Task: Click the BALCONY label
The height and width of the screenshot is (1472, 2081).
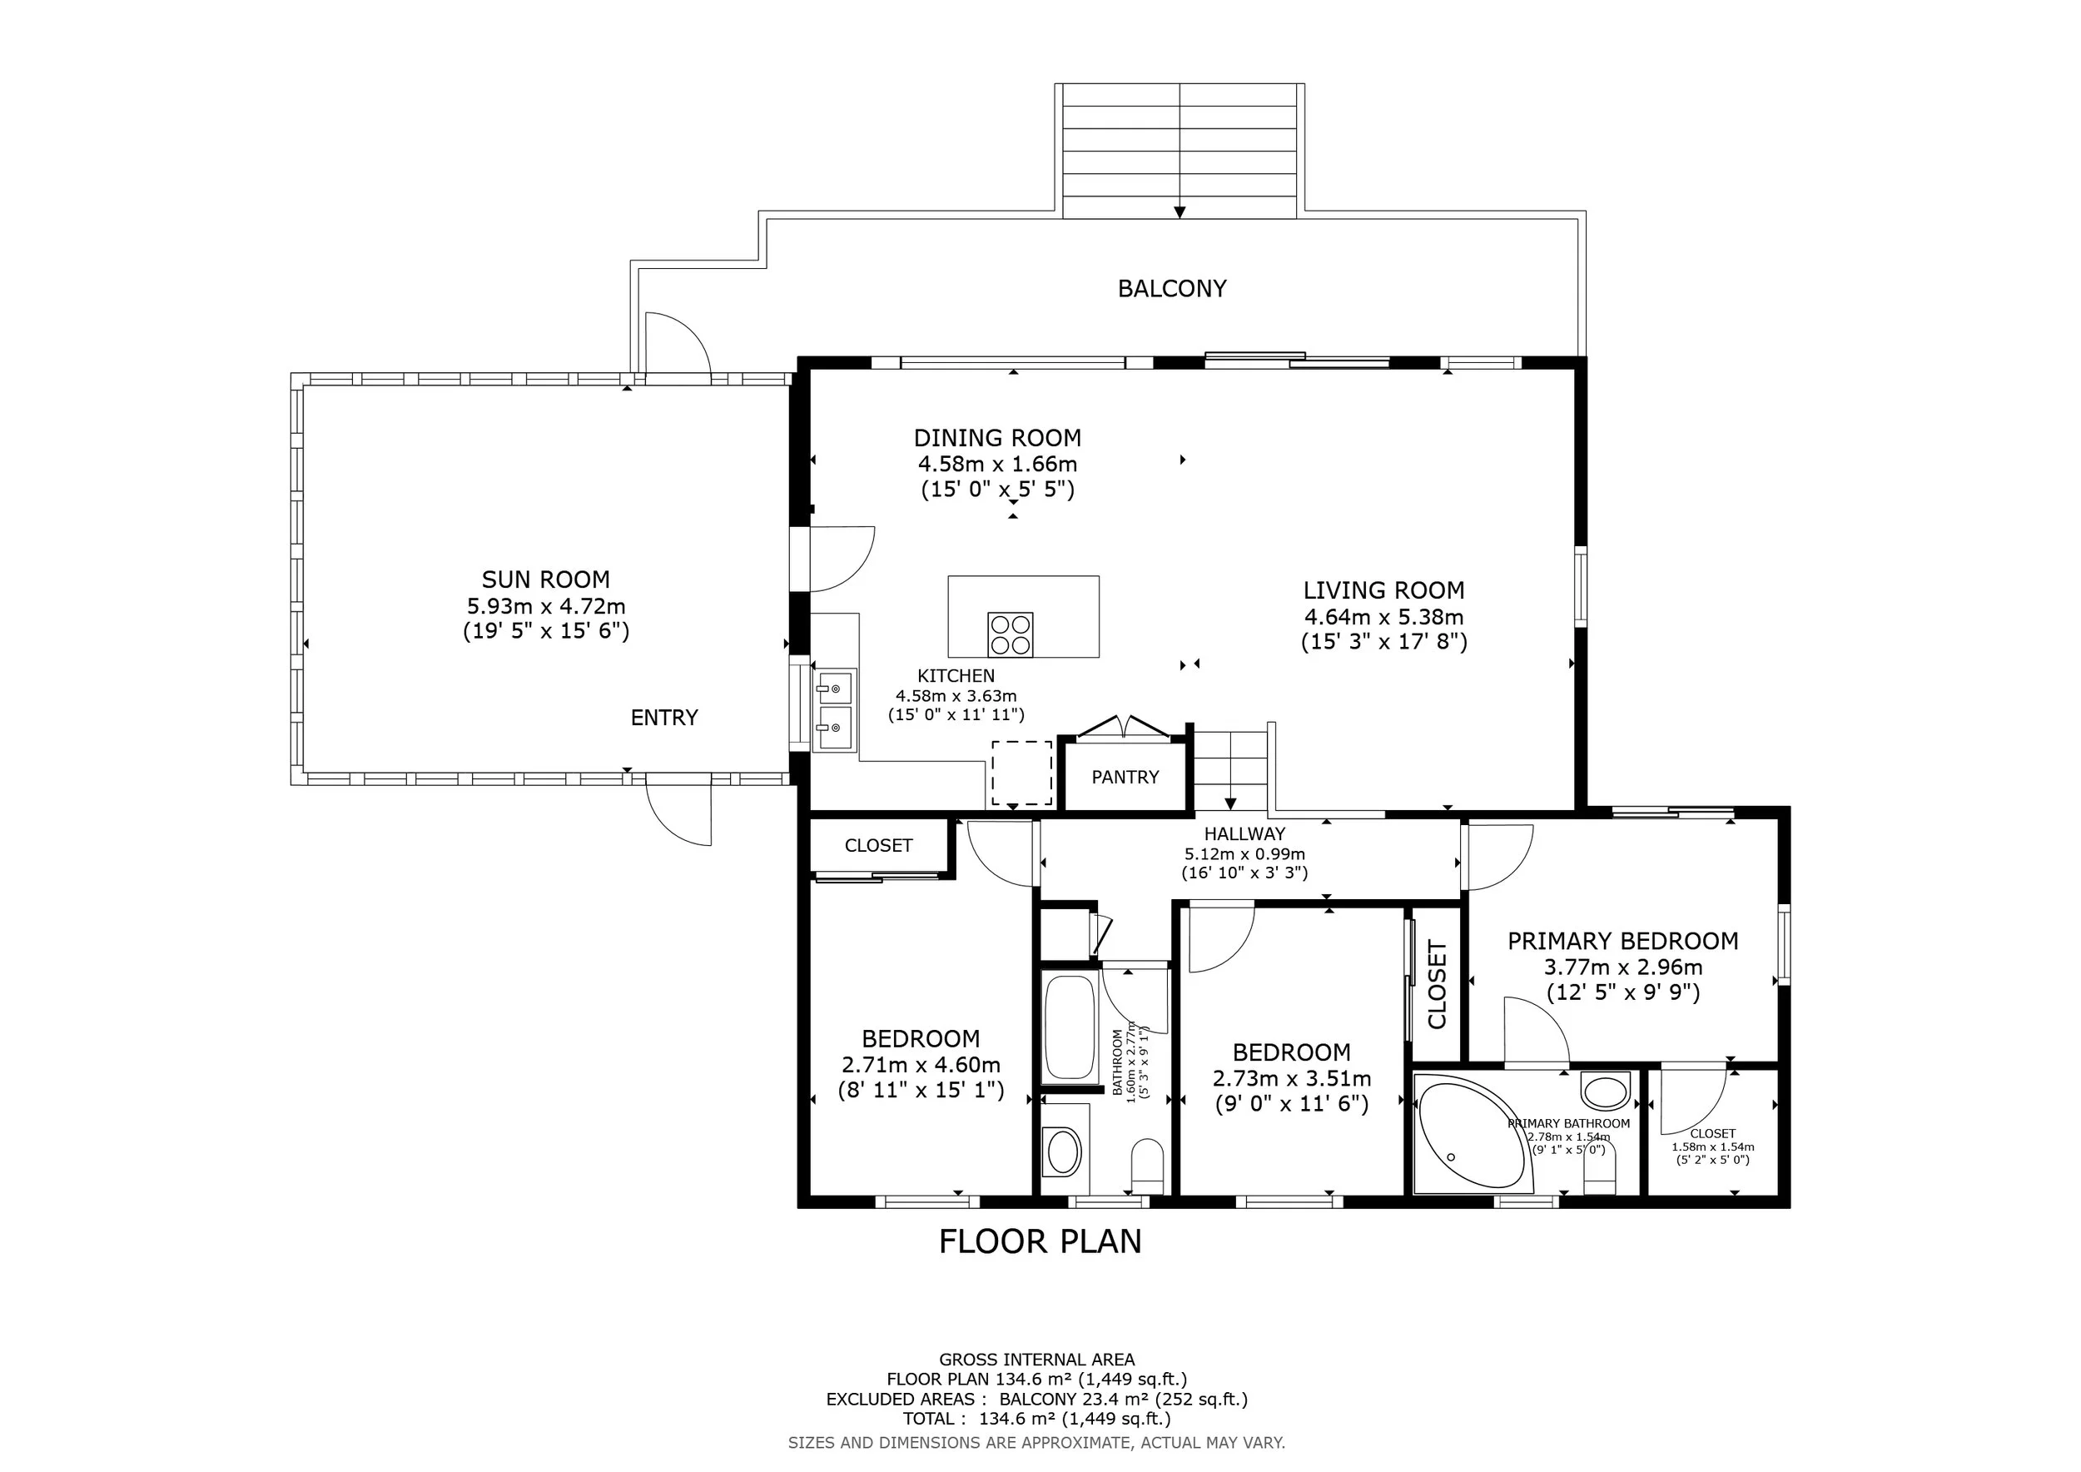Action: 1172,288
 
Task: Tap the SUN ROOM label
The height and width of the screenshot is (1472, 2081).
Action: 545,579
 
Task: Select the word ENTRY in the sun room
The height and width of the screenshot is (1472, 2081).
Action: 664,718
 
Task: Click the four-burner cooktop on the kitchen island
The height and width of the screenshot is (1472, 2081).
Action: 1011,634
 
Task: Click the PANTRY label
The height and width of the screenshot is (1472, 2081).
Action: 1125,777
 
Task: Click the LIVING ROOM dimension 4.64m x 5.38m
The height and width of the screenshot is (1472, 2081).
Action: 1384,617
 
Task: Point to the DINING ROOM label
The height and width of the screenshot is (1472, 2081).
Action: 997,438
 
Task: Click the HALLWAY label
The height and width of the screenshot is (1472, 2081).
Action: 1244,834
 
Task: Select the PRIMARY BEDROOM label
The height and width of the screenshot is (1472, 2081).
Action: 1622,941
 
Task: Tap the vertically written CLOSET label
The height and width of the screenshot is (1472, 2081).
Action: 1438,984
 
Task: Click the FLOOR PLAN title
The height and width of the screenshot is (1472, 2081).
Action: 1040,1241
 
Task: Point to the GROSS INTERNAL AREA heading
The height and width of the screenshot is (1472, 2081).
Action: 1037,1360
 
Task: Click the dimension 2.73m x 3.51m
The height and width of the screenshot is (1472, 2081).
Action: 1292,1079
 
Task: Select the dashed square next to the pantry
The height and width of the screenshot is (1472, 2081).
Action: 1021,773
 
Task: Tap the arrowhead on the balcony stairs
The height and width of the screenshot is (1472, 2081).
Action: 1180,212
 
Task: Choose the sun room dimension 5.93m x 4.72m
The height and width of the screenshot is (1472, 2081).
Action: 545,605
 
